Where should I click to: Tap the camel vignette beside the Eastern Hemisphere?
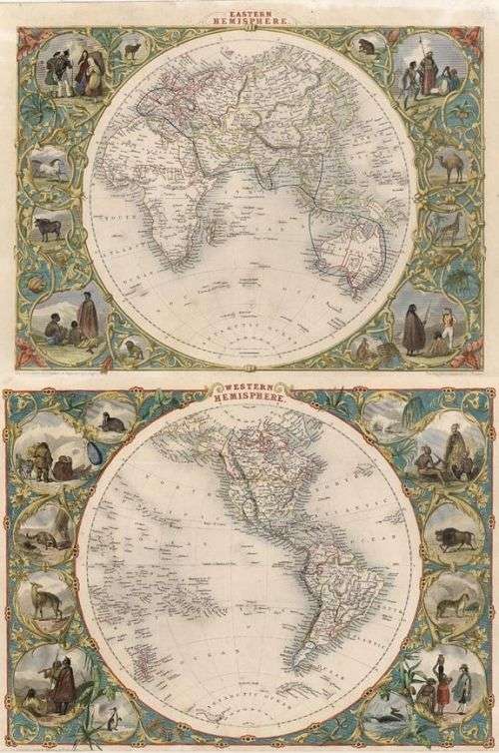coord(454,165)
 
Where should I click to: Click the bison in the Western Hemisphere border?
coord(454,542)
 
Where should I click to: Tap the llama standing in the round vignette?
coord(42,600)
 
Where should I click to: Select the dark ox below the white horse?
coord(46,227)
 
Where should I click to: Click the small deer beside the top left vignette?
coord(131,48)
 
